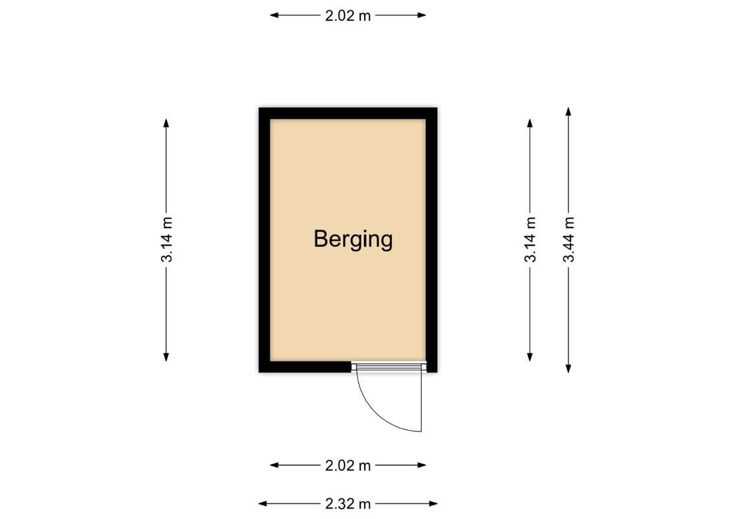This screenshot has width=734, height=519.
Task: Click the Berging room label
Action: pos(353,239)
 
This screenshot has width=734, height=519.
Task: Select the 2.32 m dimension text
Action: pos(348,504)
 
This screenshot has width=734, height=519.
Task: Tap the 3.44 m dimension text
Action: pos(569,239)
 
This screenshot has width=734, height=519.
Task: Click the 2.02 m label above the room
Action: pos(348,16)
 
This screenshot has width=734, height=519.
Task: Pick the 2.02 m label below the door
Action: pos(348,466)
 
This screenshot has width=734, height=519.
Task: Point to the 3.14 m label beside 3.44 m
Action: pos(530,239)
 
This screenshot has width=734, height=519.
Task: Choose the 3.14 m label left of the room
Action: pos(166,239)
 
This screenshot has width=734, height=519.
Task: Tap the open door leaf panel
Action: pos(421,398)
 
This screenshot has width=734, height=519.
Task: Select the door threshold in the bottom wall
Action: pos(389,367)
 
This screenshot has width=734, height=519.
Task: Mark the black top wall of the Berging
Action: pos(348,114)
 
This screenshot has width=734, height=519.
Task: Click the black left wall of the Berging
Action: pos(265,240)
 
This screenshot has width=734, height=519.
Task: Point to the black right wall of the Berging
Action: pos(432,240)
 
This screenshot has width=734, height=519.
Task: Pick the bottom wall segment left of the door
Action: pos(305,367)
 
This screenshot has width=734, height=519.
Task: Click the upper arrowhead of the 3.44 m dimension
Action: pos(569,112)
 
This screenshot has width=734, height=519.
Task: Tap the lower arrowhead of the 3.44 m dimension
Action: pos(569,368)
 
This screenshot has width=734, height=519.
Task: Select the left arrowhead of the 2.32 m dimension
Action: pos(263,504)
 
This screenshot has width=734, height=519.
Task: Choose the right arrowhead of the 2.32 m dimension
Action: pos(433,504)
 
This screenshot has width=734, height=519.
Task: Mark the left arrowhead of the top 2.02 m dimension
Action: pos(275,16)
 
